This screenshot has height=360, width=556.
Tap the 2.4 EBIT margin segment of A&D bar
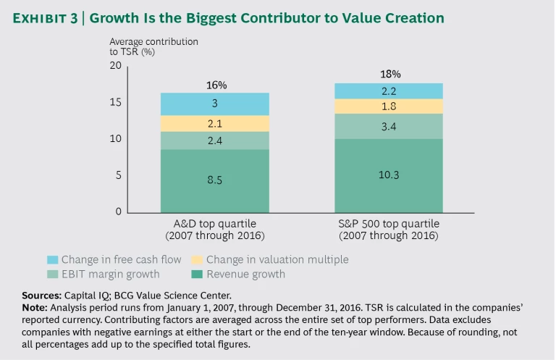pyautogui.click(x=214, y=141)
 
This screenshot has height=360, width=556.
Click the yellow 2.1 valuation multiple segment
pyautogui.click(x=214, y=124)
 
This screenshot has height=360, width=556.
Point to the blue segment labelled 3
pyautogui.click(x=214, y=104)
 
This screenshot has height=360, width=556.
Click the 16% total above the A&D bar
pyautogui.click(x=214, y=85)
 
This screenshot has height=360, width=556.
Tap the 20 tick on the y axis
pyautogui.click(x=116, y=66)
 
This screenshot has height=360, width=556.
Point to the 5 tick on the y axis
pyautogui.click(x=118, y=176)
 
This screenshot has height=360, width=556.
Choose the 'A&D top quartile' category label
pyautogui.click(x=214, y=223)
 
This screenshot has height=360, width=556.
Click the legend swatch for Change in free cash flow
pyautogui.click(x=51, y=259)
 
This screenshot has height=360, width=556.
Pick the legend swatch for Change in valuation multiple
pyautogui.click(x=196, y=259)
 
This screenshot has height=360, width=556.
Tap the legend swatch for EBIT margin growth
pyautogui.click(x=51, y=274)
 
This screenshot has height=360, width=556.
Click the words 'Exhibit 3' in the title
pyautogui.click(x=45, y=17)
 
